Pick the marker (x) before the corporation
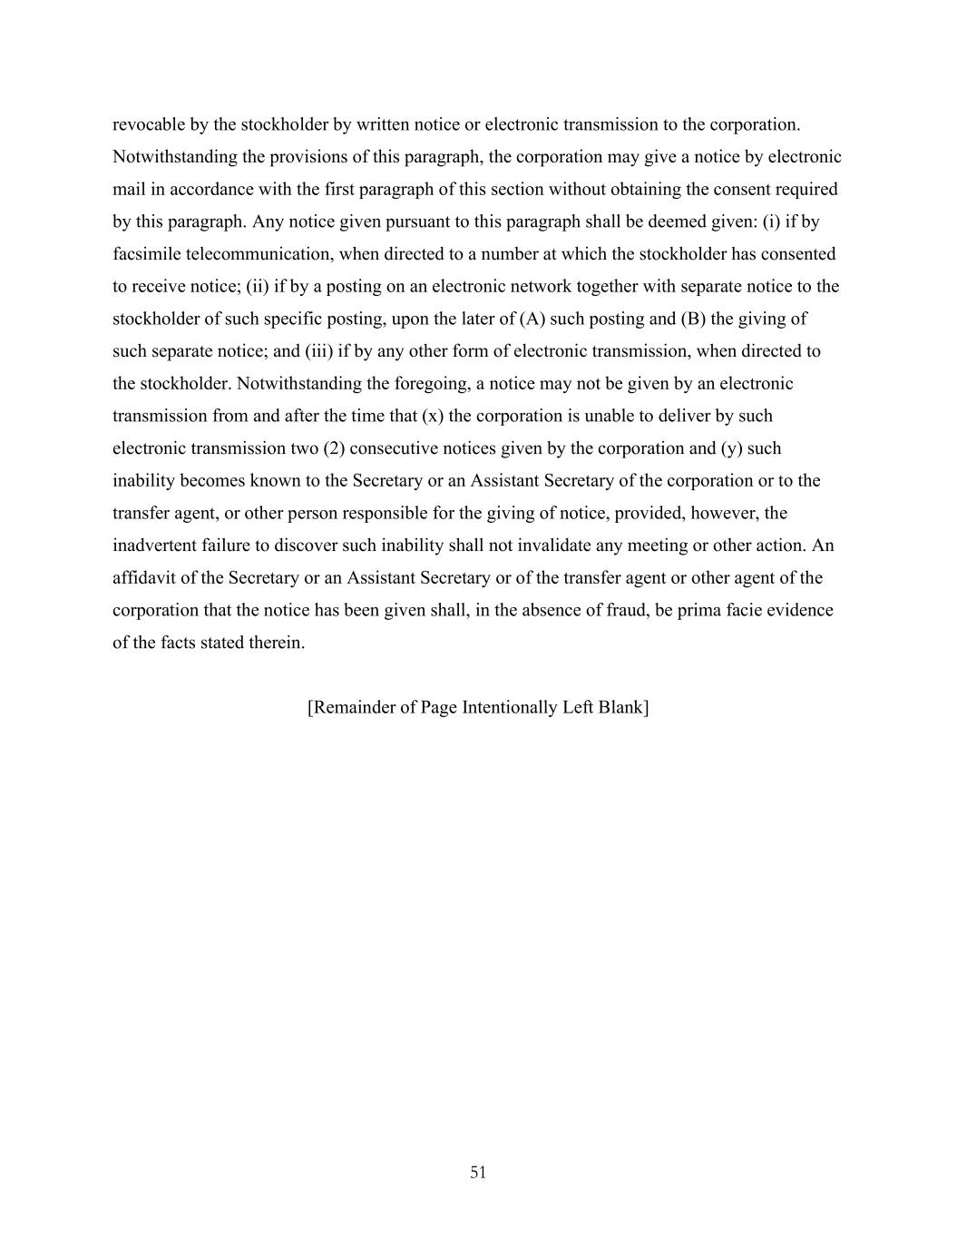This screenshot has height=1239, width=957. [433, 416]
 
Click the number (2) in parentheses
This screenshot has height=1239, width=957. [334, 448]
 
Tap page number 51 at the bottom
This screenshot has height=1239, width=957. [478, 1173]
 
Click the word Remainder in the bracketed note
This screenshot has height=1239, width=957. [353, 707]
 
